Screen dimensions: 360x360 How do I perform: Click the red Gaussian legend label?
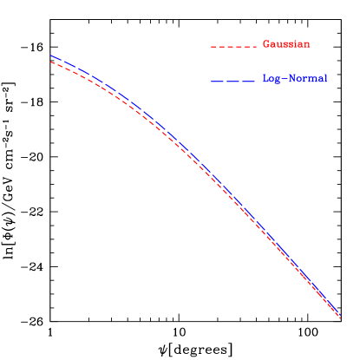coord(286,44)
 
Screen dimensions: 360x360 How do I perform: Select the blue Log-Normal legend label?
coord(295,79)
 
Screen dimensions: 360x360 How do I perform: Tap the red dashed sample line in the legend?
coord(233,45)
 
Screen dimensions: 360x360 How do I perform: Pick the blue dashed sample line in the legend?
coord(233,81)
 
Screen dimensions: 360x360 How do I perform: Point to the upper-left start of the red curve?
coord(50,62)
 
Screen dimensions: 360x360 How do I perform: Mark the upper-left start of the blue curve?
coord(50,56)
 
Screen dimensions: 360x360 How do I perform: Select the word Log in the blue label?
coord(271,79)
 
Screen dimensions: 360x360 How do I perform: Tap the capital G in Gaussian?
coord(265,44)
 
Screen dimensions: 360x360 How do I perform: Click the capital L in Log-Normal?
coord(265,79)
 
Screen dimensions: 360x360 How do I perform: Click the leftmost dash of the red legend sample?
coord(213,45)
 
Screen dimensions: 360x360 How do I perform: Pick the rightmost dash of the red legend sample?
coord(254,45)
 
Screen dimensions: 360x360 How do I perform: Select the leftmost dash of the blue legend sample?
coord(217,81)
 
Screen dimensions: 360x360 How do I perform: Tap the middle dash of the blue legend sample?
coord(234,81)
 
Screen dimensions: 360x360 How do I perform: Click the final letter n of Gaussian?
coord(307,44)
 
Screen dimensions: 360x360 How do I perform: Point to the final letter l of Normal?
coord(325,79)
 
